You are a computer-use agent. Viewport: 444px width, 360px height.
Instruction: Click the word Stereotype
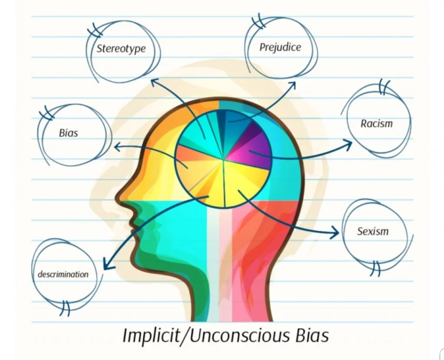121,48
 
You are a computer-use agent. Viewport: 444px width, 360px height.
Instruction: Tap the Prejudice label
280,47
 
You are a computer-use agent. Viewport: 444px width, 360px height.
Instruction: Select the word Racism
376,124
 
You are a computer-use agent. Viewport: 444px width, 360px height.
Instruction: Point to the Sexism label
373,231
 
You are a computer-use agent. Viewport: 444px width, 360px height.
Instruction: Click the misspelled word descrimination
63,274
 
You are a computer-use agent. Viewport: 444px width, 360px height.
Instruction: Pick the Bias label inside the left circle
69,132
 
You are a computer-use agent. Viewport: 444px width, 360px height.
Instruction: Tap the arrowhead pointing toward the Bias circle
116,147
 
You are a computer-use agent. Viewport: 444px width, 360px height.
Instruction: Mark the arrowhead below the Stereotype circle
154,81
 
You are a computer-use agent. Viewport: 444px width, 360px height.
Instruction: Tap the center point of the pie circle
223,159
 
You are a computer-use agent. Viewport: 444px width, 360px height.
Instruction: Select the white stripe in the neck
213,278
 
